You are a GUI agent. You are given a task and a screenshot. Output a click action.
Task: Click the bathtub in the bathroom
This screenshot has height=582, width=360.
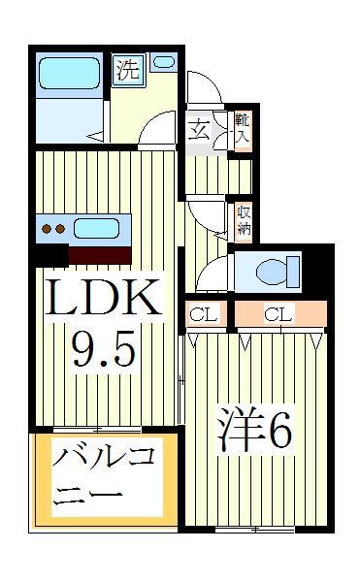pyautogui.click(x=70, y=73)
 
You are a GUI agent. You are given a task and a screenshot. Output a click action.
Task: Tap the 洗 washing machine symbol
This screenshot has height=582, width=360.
pyautogui.click(x=128, y=70)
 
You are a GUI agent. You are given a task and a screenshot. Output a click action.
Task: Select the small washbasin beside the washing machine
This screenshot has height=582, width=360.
pyautogui.click(x=164, y=62)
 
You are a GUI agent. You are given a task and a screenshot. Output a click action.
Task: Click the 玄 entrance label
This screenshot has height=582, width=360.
pyautogui.click(x=199, y=130)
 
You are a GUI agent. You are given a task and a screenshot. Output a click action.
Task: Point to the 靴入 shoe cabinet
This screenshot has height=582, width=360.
pyautogui.click(x=243, y=130)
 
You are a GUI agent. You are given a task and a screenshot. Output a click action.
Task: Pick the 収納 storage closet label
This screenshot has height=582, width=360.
pyautogui.click(x=244, y=221)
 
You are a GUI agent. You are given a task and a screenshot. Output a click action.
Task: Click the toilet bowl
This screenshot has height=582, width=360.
pyautogui.click(x=272, y=272)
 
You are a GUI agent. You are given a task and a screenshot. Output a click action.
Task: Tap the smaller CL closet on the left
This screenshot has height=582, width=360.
pyautogui.click(x=206, y=314)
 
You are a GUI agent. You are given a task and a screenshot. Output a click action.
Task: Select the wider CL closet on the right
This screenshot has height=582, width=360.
pyautogui.click(x=280, y=314)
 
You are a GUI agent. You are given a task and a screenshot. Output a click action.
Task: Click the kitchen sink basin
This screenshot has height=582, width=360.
pyautogui.click(x=96, y=228)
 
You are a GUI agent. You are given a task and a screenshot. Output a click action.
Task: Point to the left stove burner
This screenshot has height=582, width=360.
pyautogui.click(x=47, y=229)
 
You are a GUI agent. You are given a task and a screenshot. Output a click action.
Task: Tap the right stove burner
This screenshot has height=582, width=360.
pyautogui.click(x=60, y=229)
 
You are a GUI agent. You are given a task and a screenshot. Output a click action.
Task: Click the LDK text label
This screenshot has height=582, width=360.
pyautogui.click(x=104, y=297)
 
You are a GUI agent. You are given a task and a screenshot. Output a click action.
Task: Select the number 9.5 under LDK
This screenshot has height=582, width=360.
pyautogui.click(x=103, y=348)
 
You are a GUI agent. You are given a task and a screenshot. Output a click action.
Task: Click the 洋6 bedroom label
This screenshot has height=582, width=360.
pyautogui.click(x=255, y=429)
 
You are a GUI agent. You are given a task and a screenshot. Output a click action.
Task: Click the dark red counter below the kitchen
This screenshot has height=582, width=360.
pyautogui.click(x=100, y=255)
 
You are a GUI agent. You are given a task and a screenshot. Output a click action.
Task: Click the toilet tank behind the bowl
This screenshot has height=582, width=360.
pyautogui.click(x=294, y=272)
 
